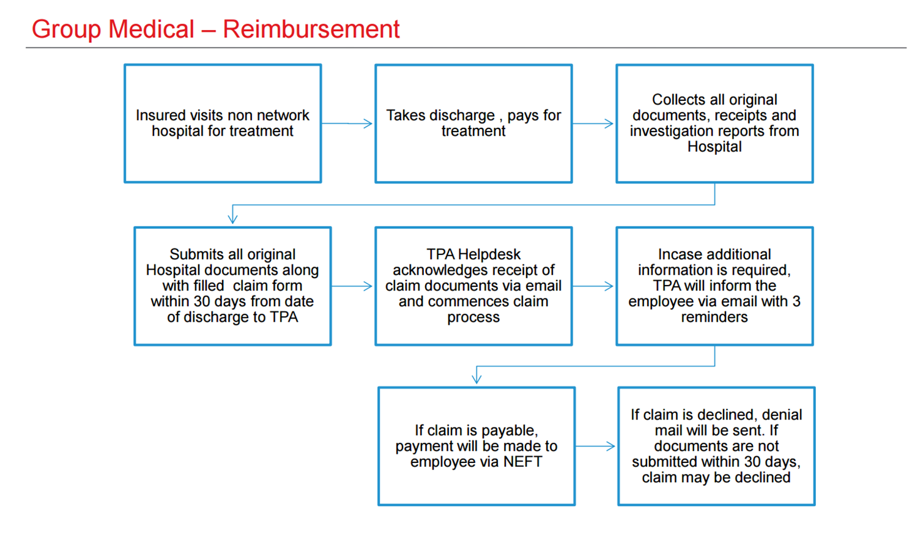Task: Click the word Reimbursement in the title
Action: click(311, 29)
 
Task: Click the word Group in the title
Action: click(66, 30)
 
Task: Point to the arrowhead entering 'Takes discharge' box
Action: click(368, 123)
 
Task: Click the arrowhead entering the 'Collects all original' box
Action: click(609, 123)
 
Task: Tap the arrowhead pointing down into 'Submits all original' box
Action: click(233, 219)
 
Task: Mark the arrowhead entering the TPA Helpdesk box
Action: click(368, 286)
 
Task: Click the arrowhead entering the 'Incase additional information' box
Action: click(609, 286)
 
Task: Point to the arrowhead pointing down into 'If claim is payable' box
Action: click(476, 379)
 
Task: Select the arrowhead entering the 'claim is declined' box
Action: click(610, 446)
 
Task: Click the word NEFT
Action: click(522, 462)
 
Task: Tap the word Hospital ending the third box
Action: click(714, 147)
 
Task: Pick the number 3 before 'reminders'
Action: click(796, 301)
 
